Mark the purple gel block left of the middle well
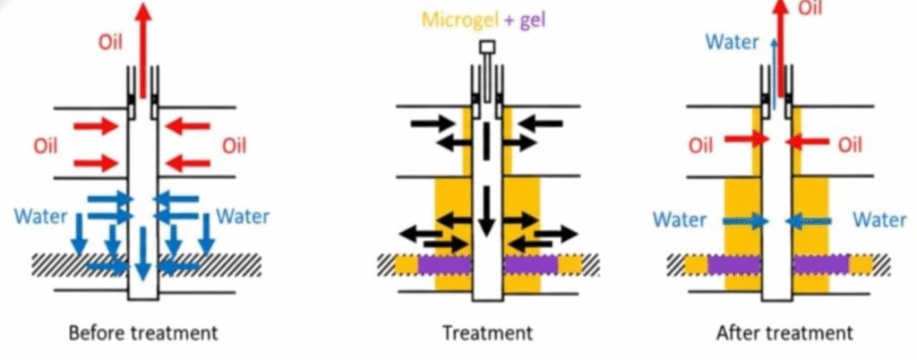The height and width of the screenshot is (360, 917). click(x=443, y=264)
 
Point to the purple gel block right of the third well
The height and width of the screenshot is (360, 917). click(x=819, y=264)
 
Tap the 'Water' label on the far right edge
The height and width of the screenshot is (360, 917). click(x=881, y=219)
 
